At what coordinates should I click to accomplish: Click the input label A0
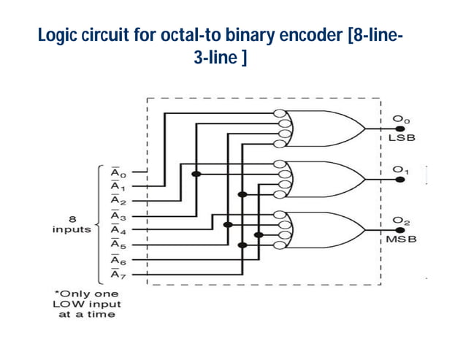118,173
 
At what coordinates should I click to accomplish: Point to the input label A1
118,186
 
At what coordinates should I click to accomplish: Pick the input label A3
118,216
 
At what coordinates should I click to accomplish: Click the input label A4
118,230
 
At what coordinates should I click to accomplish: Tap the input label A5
118,245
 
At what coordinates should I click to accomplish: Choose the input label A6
118,259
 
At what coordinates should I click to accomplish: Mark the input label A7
118,274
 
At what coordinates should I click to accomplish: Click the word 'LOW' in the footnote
70,304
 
